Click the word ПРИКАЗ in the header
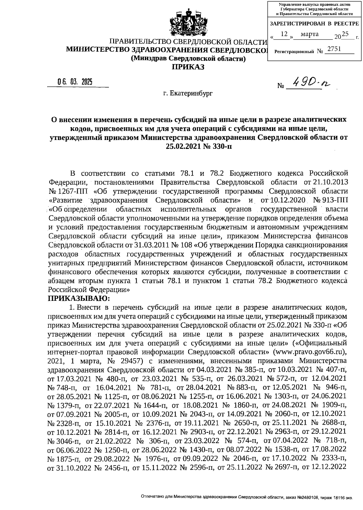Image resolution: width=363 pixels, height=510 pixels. pyautogui.click(x=188, y=67)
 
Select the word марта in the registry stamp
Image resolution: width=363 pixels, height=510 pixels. pyautogui.click(x=309, y=34)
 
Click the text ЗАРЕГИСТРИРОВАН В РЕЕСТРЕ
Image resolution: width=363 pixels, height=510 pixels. pyautogui.click(x=314, y=24)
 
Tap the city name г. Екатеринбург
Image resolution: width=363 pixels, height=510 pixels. pyautogui.click(x=188, y=93)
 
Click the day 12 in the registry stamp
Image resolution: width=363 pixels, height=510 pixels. pyautogui.click(x=283, y=34)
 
